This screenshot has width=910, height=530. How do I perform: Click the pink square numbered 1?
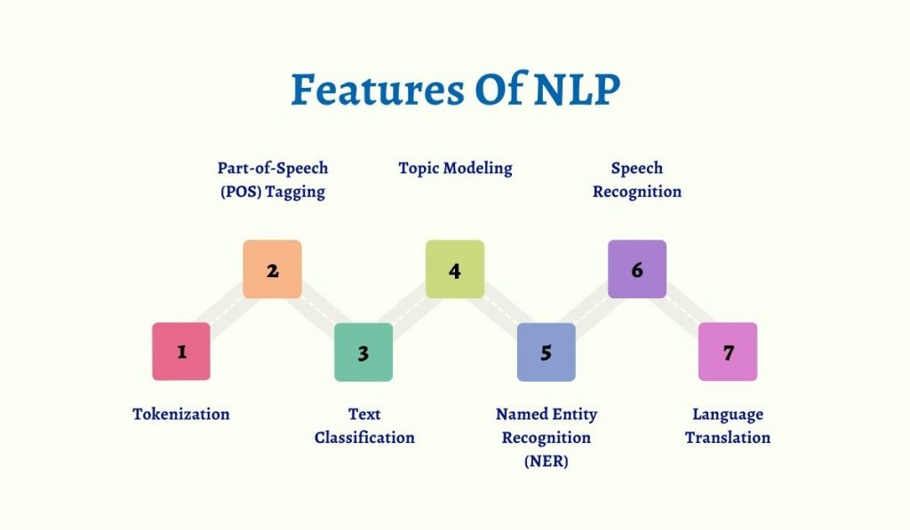click(x=181, y=352)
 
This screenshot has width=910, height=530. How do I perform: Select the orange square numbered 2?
click(x=272, y=269)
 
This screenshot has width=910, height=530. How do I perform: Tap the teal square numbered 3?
click(x=363, y=352)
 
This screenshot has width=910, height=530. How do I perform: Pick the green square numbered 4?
click(x=455, y=269)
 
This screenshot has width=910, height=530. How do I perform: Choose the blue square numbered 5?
click(x=547, y=352)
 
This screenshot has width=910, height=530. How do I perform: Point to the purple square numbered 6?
click(x=637, y=269)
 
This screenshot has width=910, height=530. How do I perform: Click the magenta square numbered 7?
click(x=728, y=352)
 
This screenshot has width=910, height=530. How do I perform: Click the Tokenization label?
click(x=181, y=414)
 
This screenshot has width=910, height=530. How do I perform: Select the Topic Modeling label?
click(x=455, y=168)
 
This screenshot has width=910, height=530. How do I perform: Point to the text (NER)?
click(x=547, y=462)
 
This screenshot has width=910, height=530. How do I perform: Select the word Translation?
click(x=728, y=438)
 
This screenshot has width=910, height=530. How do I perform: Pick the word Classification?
click(x=364, y=438)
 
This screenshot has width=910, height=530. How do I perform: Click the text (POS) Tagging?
click(x=272, y=192)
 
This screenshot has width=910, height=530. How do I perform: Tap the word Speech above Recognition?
click(x=637, y=168)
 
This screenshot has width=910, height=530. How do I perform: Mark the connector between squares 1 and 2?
click(x=227, y=311)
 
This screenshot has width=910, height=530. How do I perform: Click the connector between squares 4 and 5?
click(x=501, y=311)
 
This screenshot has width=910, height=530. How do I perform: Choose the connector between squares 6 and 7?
click(x=682, y=311)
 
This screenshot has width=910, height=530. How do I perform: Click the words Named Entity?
click(x=547, y=414)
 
